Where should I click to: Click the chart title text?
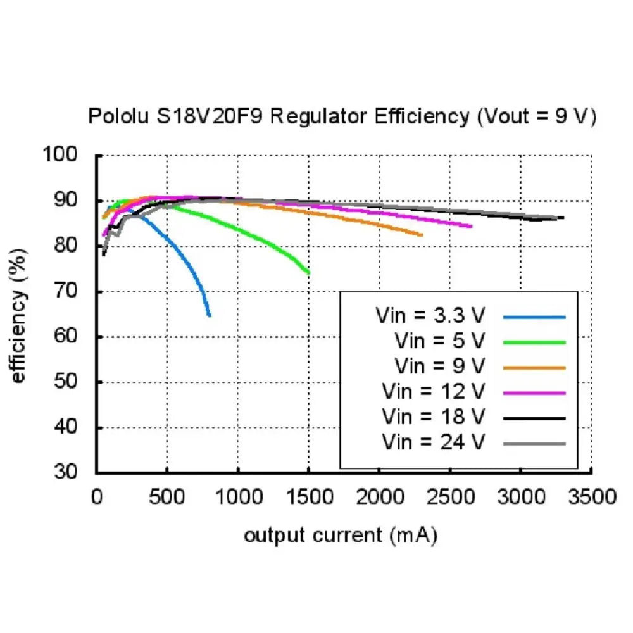tap(342, 116)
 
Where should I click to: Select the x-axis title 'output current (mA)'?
tap(341, 536)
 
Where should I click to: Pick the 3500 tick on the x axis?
tap(591, 496)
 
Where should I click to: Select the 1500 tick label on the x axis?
tap(309, 496)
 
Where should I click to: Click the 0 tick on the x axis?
tap(97, 496)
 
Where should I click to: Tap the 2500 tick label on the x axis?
tap(450, 496)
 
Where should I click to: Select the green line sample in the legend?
tap(535, 342)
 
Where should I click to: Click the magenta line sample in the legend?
tap(535, 392)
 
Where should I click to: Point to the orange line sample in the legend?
tap(535, 367)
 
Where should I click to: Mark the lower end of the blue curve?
tap(209, 315)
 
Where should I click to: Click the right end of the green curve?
tap(308, 273)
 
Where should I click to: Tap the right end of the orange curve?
tap(422, 235)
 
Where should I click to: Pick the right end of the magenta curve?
tap(472, 226)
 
